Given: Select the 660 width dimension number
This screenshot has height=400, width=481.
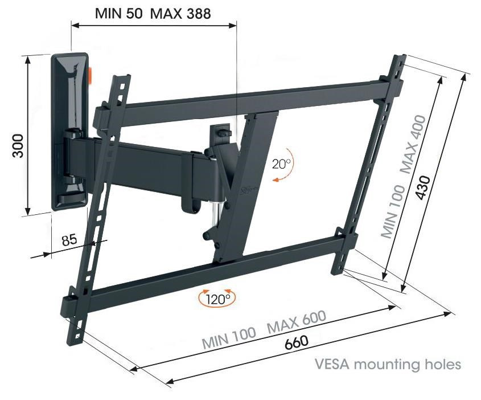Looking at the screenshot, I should coord(297,341).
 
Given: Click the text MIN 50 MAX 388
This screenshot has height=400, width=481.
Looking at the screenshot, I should coord(153,14).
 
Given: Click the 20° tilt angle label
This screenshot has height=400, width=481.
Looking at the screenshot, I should coord(281,164).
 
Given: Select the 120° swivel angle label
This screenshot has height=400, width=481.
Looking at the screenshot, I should coord(217,298).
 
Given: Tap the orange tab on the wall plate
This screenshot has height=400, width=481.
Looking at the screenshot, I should coord(91,75).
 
